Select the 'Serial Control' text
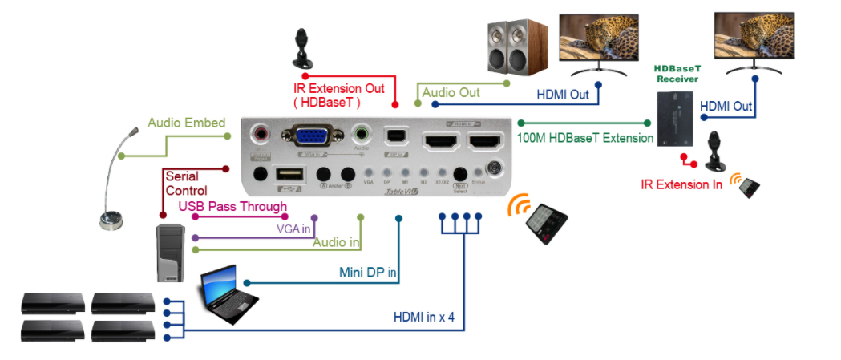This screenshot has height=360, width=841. [x=186, y=184]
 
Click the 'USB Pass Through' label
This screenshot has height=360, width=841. [x=232, y=207]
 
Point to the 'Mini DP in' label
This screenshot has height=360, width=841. [x=368, y=273]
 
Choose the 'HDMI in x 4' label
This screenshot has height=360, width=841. [x=423, y=317]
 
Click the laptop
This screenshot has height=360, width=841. [x=229, y=295]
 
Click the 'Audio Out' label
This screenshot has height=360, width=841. [x=451, y=93]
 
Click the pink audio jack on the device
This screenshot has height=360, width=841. [x=261, y=134]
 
